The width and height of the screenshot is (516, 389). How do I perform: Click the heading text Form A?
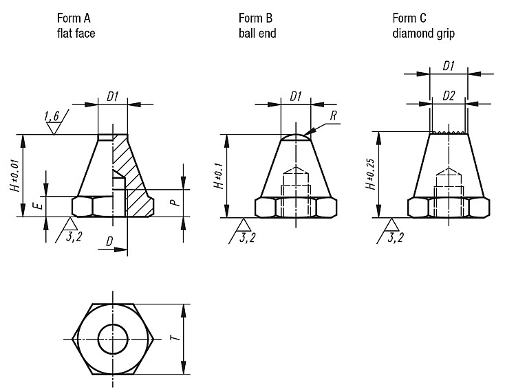coord(74,18)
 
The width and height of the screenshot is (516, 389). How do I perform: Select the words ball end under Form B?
coord(257,33)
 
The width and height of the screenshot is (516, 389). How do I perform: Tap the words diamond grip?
coord(424,34)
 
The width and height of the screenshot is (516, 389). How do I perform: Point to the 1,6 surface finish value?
coord(52,116)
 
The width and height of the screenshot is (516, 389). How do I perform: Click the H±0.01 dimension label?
coord(15,175)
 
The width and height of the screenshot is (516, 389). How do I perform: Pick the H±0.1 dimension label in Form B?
coord(219,176)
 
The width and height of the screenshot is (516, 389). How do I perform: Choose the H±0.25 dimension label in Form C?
coord(371,175)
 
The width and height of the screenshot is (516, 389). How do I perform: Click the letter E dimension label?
coord(38,206)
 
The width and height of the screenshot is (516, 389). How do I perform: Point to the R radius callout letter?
coord(334,115)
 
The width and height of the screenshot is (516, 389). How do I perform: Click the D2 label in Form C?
coord(449,96)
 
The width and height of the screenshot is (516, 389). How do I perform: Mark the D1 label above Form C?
coord(449,66)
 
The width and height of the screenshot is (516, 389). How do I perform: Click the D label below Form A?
coord(109,242)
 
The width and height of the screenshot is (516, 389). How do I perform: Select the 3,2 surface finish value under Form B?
coord(248,237)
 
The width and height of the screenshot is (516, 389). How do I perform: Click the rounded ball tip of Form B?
coord(296,136)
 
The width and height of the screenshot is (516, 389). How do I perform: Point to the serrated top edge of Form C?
coord(449,132)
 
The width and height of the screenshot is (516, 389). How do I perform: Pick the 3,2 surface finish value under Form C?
coord(396,237)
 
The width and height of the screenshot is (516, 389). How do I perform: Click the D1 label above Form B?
coord(296,96)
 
